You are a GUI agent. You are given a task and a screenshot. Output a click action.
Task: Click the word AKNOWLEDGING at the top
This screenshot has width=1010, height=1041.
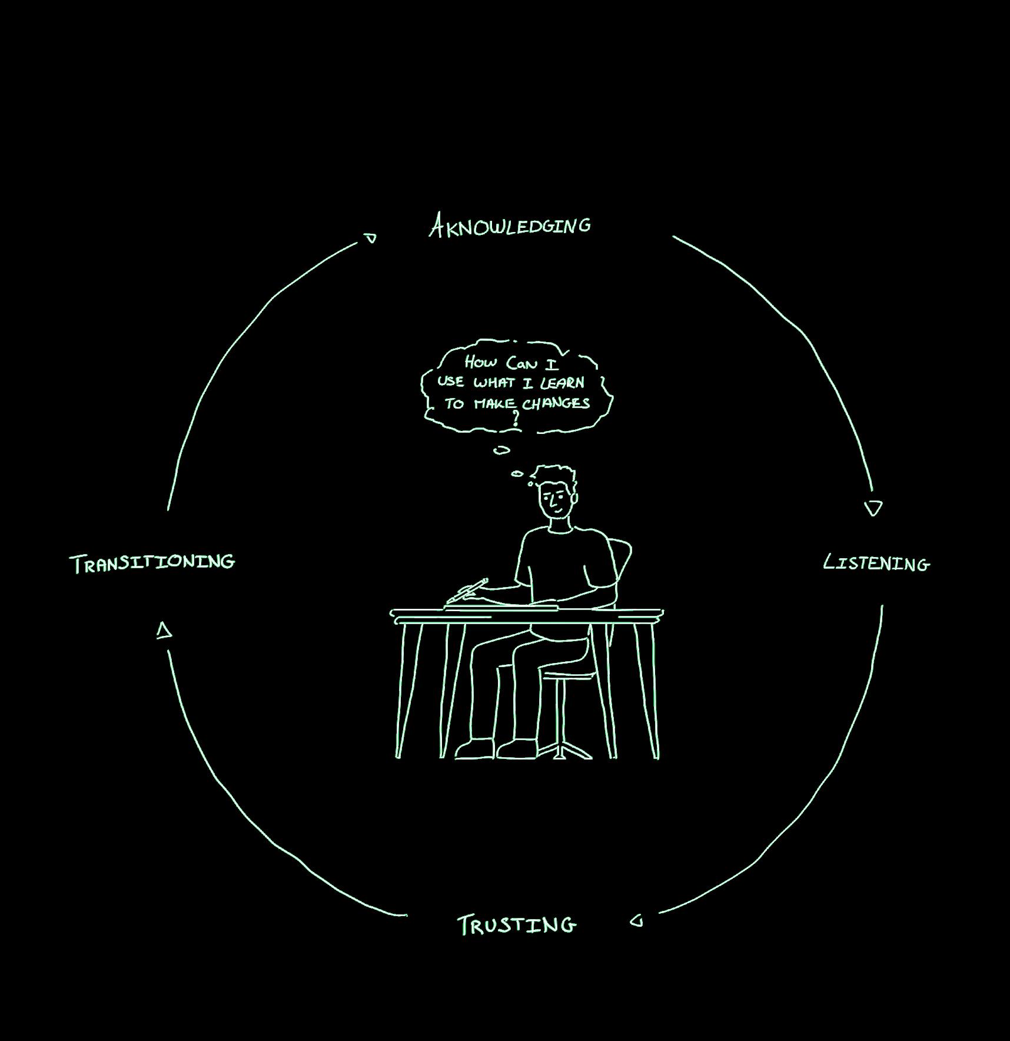[x=510, y=226]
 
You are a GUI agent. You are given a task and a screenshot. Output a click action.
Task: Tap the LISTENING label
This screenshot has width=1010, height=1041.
[x=876, y=563]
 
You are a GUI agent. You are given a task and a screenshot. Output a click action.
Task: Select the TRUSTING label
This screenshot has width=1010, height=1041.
[x=517, y=925]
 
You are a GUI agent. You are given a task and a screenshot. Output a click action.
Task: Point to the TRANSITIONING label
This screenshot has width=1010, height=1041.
[x=152, y=562]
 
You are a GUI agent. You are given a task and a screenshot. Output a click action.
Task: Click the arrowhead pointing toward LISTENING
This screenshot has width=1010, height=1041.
[x=873, y=508]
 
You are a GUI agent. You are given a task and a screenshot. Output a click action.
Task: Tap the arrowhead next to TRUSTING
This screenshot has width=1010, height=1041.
[x=637, y=920]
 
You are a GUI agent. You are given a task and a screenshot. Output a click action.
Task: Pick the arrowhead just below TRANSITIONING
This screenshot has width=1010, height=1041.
[x=164, y=631]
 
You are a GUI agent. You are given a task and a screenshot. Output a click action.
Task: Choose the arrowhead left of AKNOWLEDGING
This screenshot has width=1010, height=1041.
[x=370, y=238]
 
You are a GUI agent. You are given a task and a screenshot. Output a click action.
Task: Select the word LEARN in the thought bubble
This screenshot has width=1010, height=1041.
[x=563, y=383]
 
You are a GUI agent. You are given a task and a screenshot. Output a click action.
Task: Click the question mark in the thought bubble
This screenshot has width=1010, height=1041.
[x=516, y=418]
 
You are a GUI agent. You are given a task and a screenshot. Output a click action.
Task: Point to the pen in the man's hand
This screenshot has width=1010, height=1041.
[x=467, y=590]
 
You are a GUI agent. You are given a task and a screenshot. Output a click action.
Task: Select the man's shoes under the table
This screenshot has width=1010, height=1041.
[x=496, y=749]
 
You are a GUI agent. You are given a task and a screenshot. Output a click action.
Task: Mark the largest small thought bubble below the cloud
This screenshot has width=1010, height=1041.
[x=501, y=450]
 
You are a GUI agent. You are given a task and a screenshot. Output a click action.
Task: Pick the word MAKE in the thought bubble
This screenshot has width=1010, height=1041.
[x=496, y=404]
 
